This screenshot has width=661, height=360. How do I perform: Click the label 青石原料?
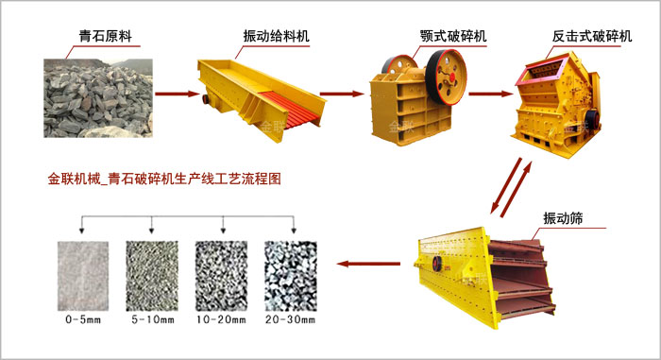(105, 38)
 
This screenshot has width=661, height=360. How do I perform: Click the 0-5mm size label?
(82, 321)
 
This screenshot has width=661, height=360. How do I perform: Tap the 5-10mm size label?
(151, 321)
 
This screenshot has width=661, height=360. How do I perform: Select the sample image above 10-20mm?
(220, 275)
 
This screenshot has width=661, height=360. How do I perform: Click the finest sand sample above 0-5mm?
(83, 275)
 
